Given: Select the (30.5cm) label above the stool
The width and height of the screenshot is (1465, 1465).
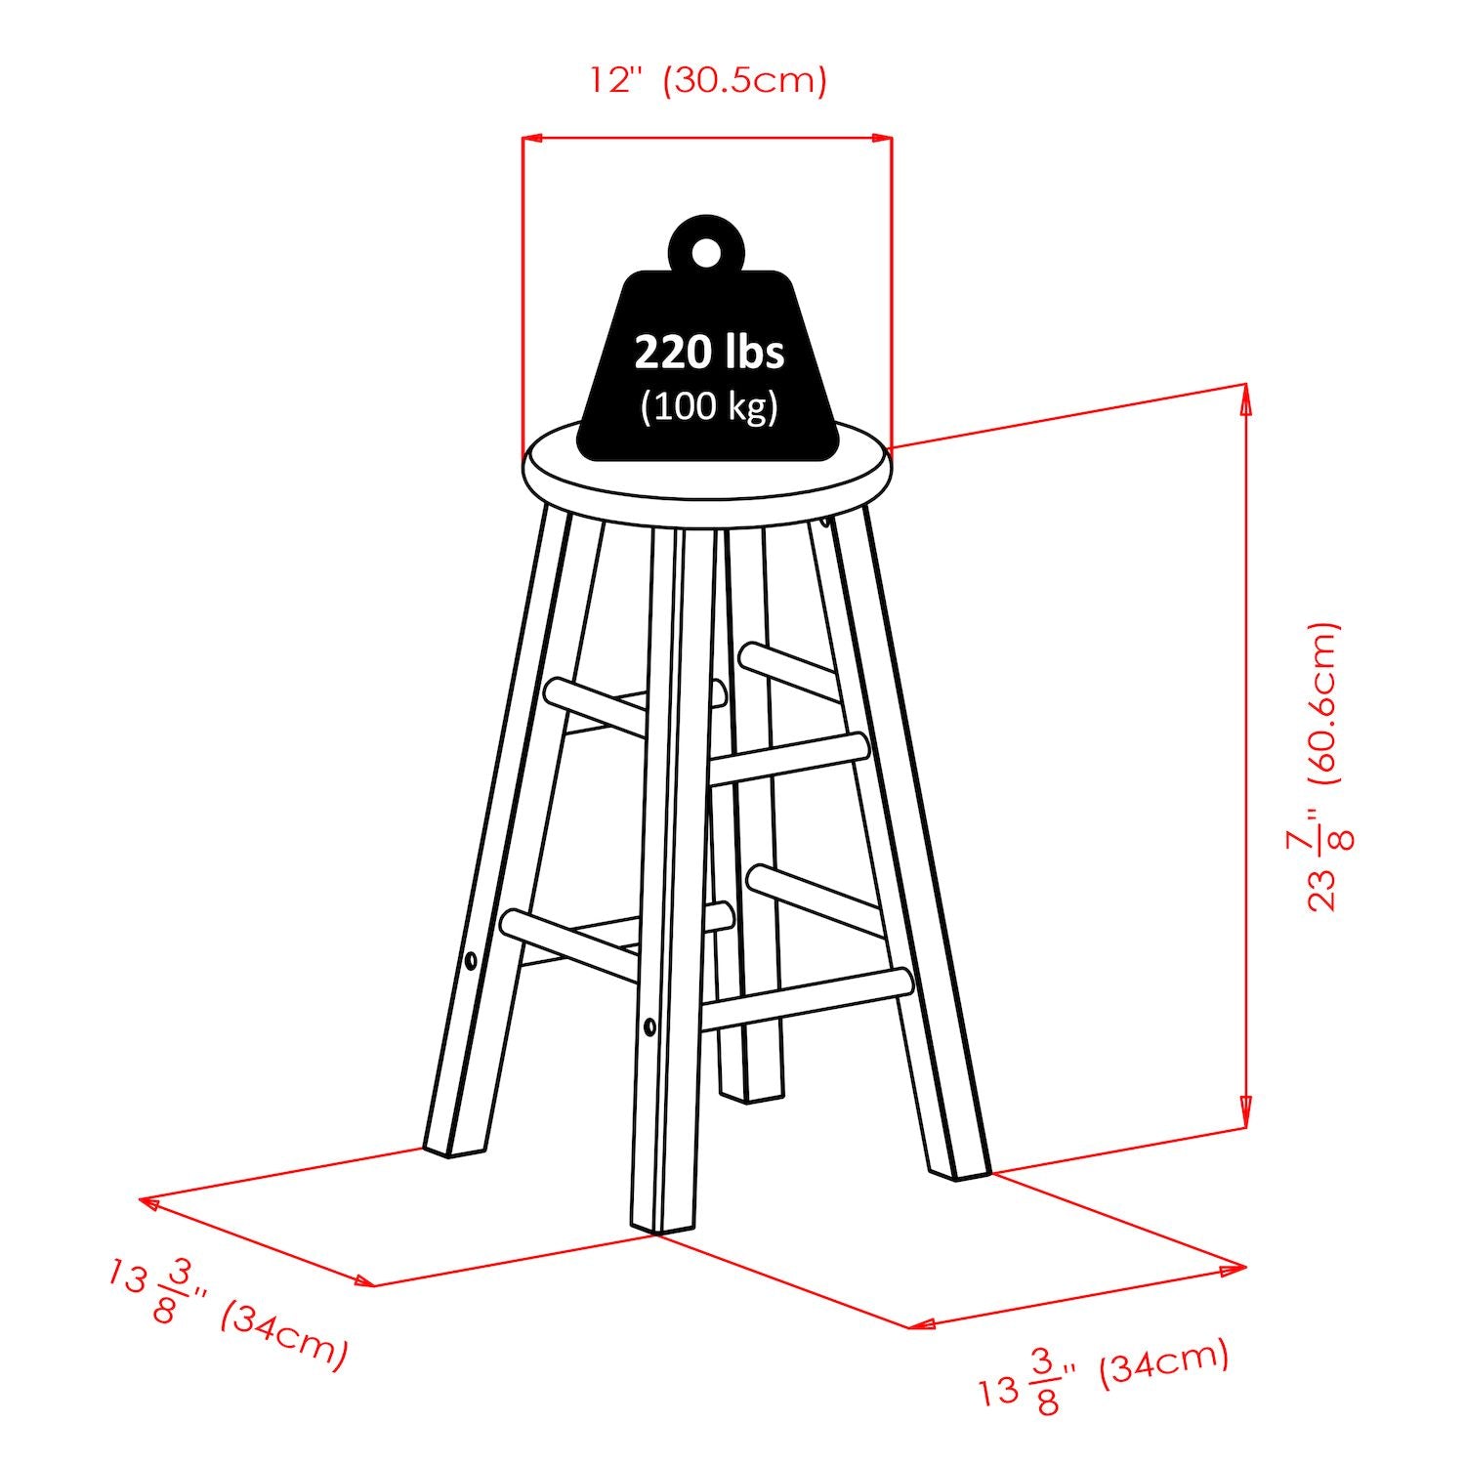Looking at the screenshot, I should (x=744, y=79).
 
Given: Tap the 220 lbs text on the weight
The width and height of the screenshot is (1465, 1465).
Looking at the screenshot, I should (x=709, y=352).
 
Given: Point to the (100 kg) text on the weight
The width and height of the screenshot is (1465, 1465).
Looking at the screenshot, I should (x=709, y=405).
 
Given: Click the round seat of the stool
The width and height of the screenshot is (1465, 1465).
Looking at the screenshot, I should (x=708, y=474).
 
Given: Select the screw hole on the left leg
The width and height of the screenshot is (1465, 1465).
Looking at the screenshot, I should (x=471, y=961).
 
